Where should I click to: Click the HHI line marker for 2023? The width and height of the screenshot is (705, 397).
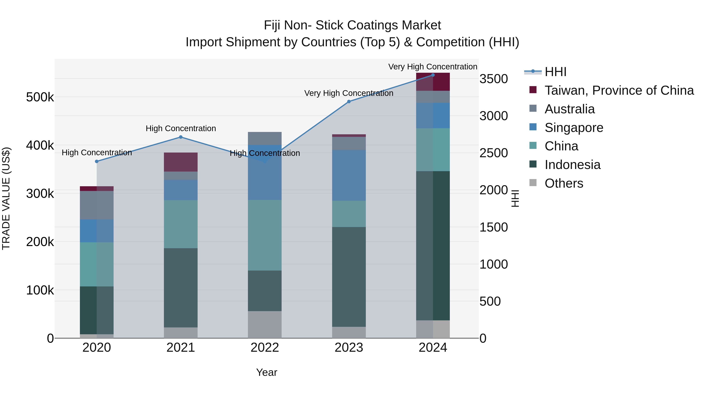click(349, 102)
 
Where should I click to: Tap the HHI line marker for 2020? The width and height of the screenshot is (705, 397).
click(97, 161)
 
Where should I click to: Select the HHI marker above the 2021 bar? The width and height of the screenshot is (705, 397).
click(181, 137)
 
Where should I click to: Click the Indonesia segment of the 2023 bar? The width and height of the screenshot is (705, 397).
click(349, 277)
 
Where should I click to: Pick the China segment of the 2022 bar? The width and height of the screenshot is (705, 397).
click(265, 235)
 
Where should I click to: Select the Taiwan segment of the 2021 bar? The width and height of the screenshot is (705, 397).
click(181, 162)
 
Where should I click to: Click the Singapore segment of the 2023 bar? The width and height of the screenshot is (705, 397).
click(349, 175)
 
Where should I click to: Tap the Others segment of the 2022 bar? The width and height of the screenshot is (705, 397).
click(265, 324)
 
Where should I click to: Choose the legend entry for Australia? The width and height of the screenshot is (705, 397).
click(569, 109)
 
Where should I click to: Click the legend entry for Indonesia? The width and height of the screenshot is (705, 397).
click(572, 165)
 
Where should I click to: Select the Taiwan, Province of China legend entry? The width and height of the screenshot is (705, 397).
click(618, 90)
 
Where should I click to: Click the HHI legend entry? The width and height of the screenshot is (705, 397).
click(555, 72)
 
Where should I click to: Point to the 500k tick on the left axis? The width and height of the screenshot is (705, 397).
click(40, 97)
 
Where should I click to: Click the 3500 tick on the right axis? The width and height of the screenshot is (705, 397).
click(494, 79)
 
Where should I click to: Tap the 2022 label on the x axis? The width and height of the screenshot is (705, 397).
click(265, 348)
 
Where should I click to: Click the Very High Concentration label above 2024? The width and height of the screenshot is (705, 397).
click(432, 67)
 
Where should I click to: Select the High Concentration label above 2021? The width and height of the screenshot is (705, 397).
click(181, 128)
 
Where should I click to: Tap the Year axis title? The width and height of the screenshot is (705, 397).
click(267, 372)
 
